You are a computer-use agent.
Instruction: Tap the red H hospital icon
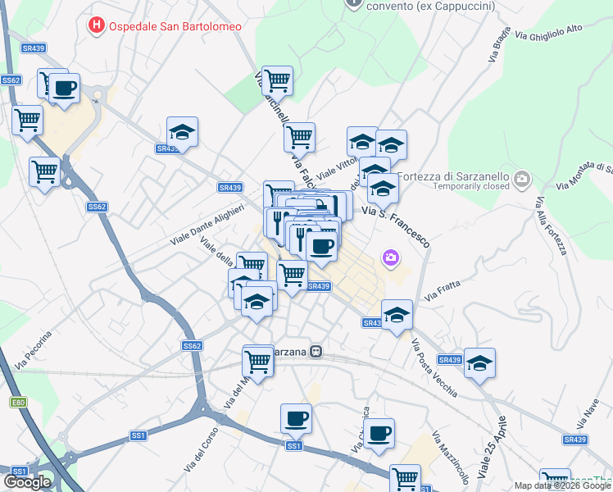97,25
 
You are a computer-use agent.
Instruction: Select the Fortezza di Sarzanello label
455,176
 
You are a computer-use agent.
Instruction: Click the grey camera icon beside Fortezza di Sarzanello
522,177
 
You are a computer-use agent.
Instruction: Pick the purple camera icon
391,258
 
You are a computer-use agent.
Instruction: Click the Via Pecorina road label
33,349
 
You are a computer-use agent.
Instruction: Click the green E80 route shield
18,403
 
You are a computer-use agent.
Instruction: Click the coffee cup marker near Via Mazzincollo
379,434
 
